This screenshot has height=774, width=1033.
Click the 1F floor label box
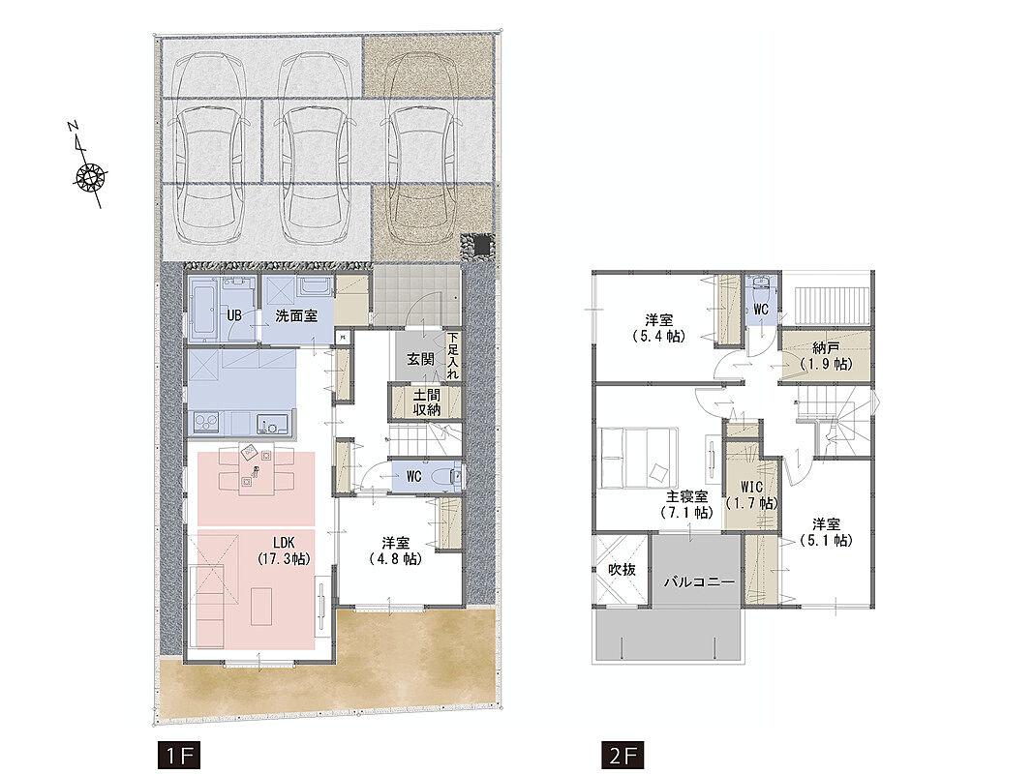(x=178, y=756)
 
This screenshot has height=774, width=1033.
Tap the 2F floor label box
(x=623, y=756)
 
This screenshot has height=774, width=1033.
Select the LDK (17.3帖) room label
(x=284, y=551)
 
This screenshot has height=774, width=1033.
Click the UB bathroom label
(x=234, y=315)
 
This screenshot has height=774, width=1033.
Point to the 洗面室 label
(x=296, y=316)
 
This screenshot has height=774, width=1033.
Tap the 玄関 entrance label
(x=419, y=359)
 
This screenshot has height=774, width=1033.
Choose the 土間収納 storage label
(x=426, y=402)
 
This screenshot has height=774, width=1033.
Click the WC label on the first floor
(x=413, y=476)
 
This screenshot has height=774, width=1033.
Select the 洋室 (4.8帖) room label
(x=395, y=551)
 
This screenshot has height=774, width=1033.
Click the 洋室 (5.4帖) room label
(x=658, y=328)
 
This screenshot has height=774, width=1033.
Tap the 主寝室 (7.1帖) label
(x=686, y=504)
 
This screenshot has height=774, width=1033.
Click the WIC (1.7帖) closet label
(x=751, y=495)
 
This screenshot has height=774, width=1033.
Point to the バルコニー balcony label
(x=698, y=582)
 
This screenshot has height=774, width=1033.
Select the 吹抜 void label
(x=622, y=569)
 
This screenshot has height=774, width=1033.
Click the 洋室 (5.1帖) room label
(x=826, y=532)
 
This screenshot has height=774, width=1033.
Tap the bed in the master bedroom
(x=638, y=458)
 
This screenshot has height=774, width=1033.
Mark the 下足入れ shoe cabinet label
(x=452, y=355)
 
